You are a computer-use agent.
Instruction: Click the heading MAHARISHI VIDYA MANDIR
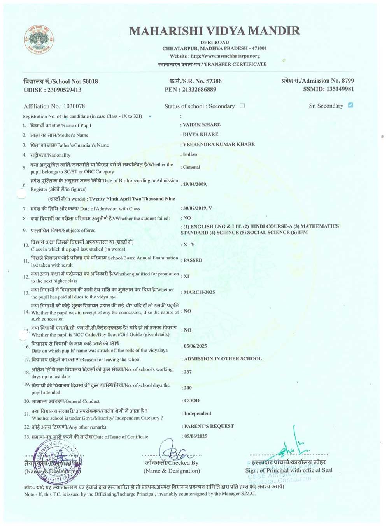point(214,31)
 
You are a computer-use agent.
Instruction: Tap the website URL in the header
point(225,56)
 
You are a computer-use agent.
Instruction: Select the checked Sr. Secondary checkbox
point(350,105)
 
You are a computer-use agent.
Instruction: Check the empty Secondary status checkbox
point(242,106)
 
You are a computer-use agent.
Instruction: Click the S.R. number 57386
point(214,81)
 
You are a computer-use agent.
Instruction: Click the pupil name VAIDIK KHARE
point(202,125)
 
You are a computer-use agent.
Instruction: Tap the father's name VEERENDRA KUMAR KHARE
point(219,144)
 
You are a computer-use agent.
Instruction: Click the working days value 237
point(188,372)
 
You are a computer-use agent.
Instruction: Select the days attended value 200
point(188,388)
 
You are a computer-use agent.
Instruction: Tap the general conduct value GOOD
point(192,401)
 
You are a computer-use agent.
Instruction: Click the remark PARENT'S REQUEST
point(209,426)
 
